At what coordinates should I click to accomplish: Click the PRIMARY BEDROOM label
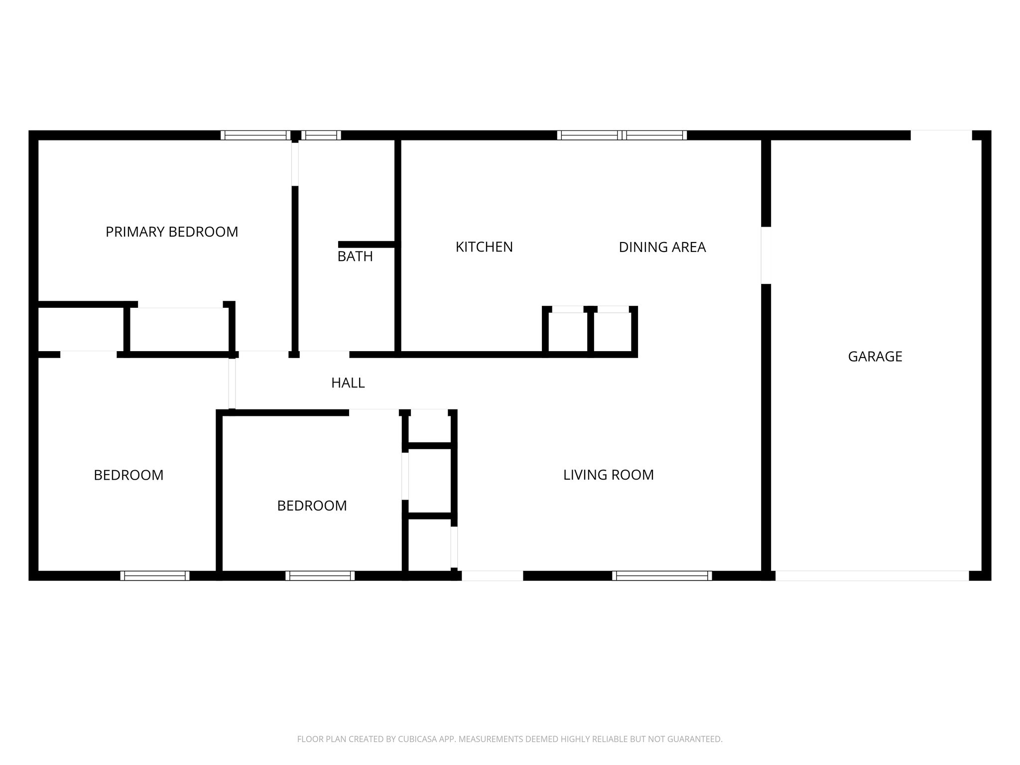(172, 232)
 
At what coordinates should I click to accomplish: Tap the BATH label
(355, 256)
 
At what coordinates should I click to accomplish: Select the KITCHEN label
(484, 247)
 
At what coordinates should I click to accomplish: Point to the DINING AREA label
(662, 247)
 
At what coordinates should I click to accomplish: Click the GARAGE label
(875, 357)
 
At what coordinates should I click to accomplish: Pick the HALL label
(348, 383)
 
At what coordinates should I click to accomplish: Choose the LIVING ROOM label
(608, 475)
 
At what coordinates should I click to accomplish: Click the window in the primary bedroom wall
(255, 135)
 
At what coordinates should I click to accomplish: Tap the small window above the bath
(321, 135)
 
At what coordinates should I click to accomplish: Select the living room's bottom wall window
(662, 576)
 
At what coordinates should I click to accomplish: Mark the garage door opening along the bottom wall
(872, 576)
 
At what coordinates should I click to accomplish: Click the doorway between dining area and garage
(766, 255)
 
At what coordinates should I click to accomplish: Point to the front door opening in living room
(492, 576)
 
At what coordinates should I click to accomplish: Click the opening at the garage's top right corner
(941, 135)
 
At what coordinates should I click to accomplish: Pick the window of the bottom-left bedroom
(155, 576)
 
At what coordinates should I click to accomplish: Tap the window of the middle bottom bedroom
(320, 576)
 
